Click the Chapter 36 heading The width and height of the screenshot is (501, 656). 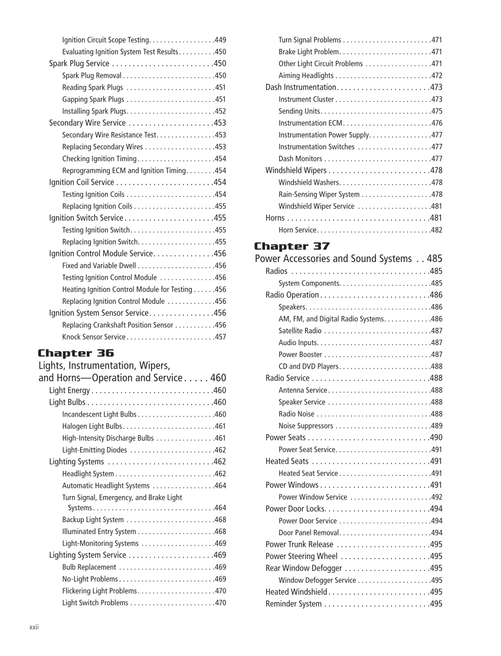pyautogui.click(x=76, y=353)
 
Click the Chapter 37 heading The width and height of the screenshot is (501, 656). pyautogui.click(x=292, y=246)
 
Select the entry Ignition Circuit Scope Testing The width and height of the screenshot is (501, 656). pyautogui.click(x=106, y=40)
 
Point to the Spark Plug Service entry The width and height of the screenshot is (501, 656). pyautogui.click(x=79, y=64)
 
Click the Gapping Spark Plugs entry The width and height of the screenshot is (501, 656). pyautogui.click(x=93, y=99)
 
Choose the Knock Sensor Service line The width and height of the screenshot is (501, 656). pyautogui.click(x=94, y=337)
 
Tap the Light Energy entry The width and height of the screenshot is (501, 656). pyautogui.click(x=70, y=391)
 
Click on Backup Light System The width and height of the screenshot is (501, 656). pyautogui.click(x=93, y=520)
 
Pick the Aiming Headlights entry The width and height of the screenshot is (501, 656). pyautogui.click(x=306, y=76)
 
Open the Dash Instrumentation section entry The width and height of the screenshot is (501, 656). pyautogui.click(x=300, y=87)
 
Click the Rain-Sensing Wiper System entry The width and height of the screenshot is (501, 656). pyautogui.click(x=319, y=194)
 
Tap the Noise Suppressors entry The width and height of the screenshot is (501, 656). pyautogui.click(x=306, y=425)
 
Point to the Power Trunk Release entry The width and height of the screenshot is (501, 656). pyautogui.click(x=299, y=545)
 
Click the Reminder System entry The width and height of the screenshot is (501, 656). pyautogui.click(x=293, y=603)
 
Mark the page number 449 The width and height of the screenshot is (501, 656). pyautogui.click(x=220, y=40)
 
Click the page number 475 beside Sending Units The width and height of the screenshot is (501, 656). pyautogui.click(x=436, y=111)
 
